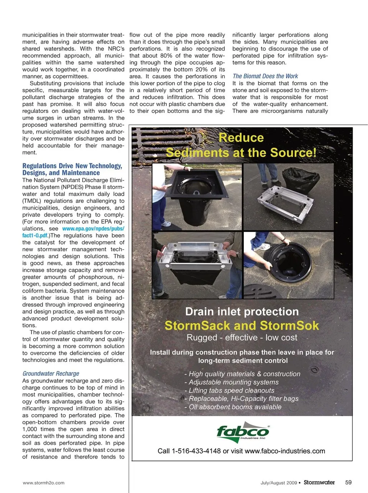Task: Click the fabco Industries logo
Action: [243, 432]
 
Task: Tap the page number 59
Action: [348, 483]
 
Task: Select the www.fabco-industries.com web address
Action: [285, 451]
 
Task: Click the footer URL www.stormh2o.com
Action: [44, 483]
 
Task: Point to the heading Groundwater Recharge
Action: [51, 373]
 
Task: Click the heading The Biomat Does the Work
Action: [265, 76]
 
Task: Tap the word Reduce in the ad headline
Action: [241, 138]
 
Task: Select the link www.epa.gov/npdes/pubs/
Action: [93, 229]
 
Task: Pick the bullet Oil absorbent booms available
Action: [235, 407]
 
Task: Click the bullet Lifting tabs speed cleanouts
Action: [232, 390]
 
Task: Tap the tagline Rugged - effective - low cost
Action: [242, 337]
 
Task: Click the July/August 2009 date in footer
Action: [279, 483]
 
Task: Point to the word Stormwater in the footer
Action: [319, 483]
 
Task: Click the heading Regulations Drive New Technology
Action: [72, 166]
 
